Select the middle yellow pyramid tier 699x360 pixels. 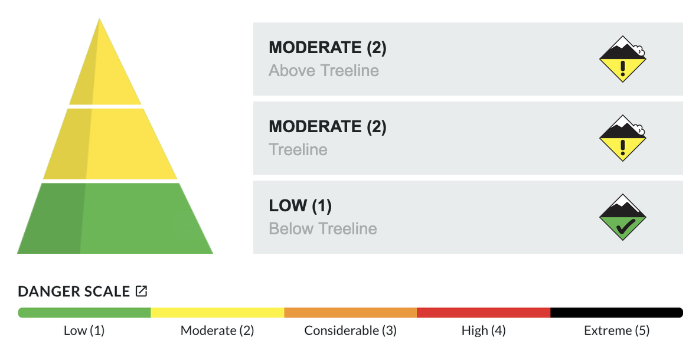click(x=110, y=144)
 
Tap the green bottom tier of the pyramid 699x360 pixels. click(x=115, y=218)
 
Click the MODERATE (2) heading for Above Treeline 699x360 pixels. click(x=327, y=48)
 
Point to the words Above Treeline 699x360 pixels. click(x=324, y=70)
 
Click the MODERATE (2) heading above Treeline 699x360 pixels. click(x=327, y=126)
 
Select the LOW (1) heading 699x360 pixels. click(x=300, y=206)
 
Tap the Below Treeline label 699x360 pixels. click(x=323, y=228)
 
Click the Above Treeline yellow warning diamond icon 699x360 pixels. click(x=622, y=59)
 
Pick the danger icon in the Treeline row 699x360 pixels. click(x=622, y=138)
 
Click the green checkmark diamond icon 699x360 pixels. click(x=622, y=217)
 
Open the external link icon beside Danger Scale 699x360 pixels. click(x=141, y=291)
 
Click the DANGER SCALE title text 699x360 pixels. click(x=74, y=292)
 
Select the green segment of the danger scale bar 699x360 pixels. click(x=84, y=313)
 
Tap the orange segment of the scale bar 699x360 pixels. click(x=351, y=313)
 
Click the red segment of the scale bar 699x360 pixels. click(x=484, y=313)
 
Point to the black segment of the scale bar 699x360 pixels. click(x=616, y=313)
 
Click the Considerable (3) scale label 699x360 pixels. click(x=351, y=330)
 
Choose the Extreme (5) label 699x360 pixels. click(x=616, y=330)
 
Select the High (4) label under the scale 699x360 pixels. click(x=484, y=330)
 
